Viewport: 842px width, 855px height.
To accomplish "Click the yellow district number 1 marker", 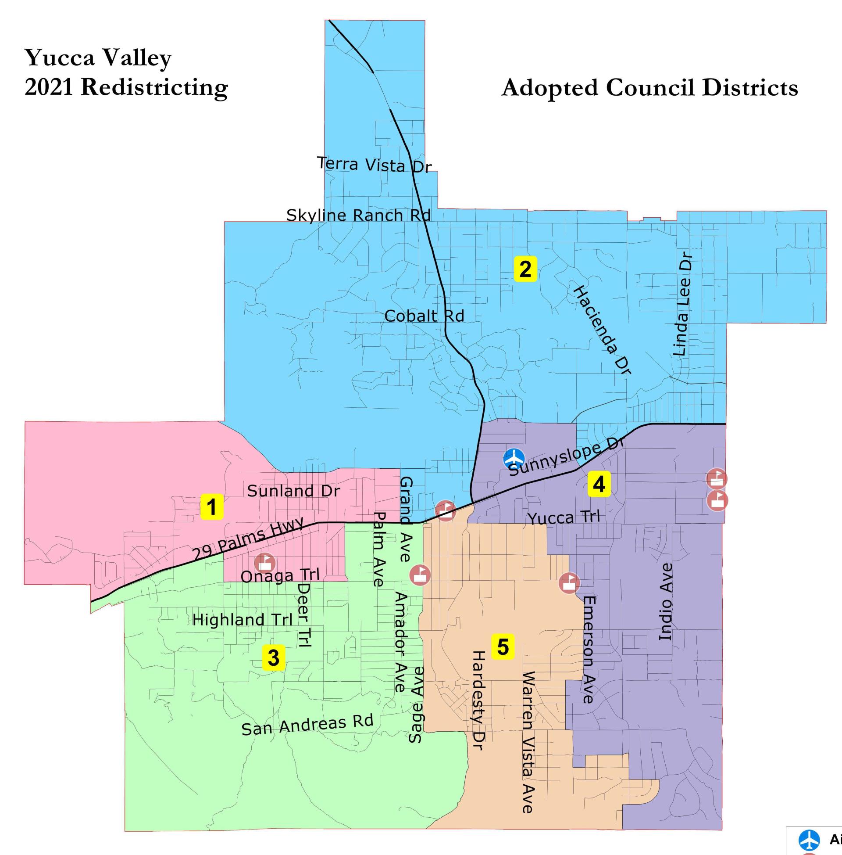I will (211, 507).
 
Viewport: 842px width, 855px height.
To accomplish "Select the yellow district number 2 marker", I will (525, 269).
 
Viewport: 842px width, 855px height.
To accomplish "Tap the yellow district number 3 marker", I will (273, 657).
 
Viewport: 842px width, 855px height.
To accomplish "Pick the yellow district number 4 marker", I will (599, 484).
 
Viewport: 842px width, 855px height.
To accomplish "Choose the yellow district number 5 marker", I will (503, 647).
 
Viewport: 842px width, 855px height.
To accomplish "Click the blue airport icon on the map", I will (515, 459).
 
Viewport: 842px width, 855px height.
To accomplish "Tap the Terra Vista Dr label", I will (374, 165).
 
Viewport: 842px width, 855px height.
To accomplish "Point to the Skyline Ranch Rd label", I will (358, 216).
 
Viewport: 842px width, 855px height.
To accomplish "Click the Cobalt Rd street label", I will (424, 316).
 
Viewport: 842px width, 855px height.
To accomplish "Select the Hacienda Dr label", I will (602, 330).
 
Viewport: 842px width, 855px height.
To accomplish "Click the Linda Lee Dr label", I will (681, 304).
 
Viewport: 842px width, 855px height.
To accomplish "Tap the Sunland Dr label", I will (294, 491).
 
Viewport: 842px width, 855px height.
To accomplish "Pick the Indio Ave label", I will (666, 601).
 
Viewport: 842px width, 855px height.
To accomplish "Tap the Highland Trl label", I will (243, 620).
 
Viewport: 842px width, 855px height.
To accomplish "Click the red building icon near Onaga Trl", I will (265, 563).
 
